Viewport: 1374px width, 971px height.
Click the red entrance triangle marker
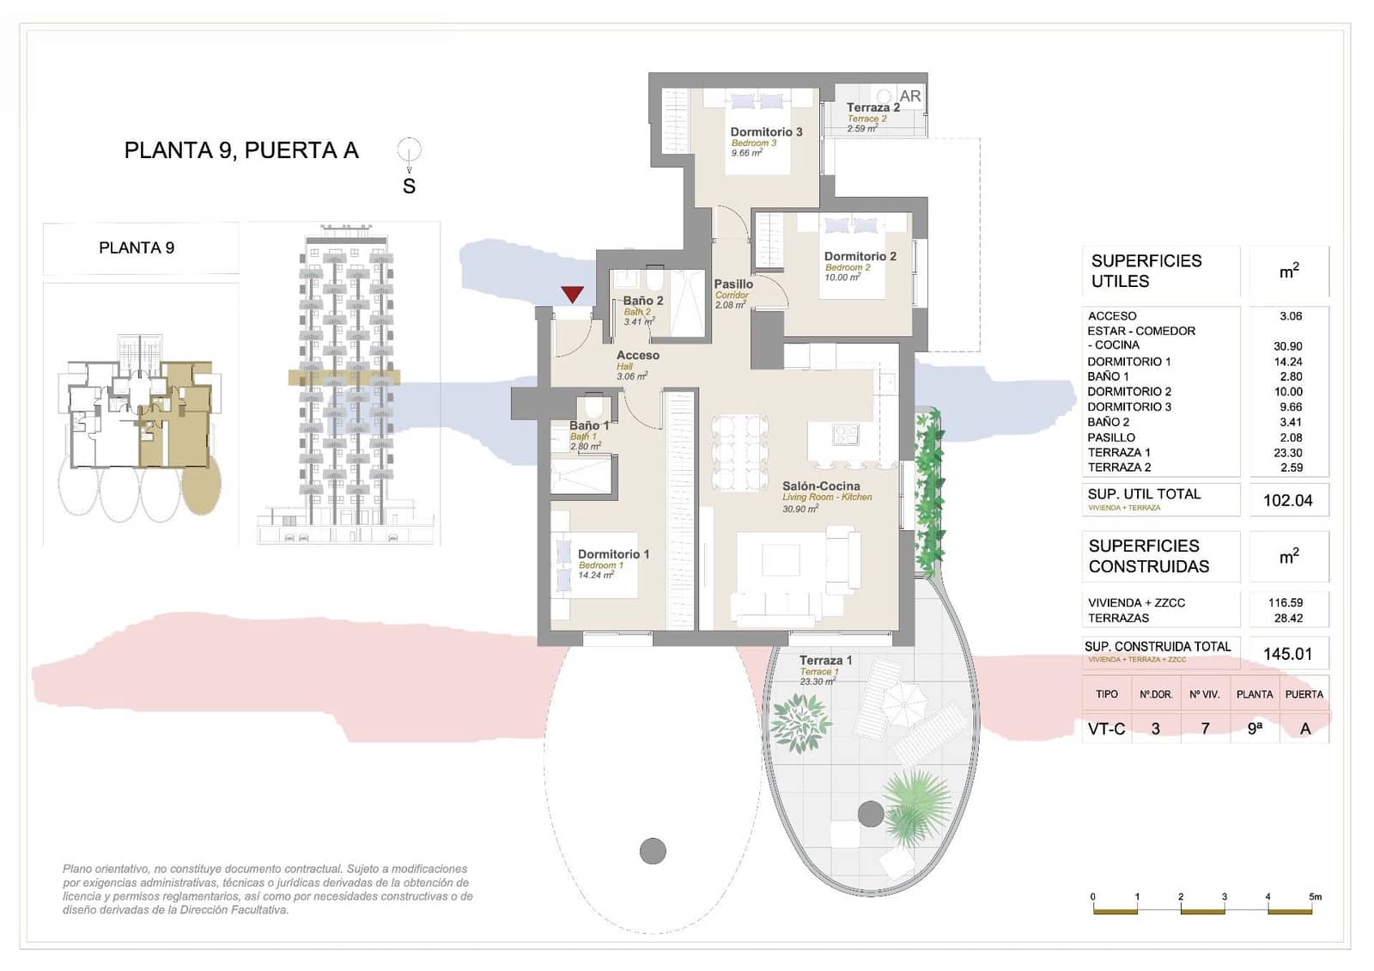pos(573,294)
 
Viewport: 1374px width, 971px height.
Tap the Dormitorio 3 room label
pos(766,132)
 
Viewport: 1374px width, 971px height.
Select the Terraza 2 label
pos(872,108)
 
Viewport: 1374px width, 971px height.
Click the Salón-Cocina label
pos(821,486)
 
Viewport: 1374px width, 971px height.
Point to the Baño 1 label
pos(588,426)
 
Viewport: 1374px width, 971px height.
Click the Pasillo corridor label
pos(733,284)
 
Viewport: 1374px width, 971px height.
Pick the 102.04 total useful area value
pos(1287,501)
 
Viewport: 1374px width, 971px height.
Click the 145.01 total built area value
pos(1287,654)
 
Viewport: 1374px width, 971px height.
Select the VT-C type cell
pos(1106,729)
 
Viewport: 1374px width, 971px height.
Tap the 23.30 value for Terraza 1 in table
pos(1287,453)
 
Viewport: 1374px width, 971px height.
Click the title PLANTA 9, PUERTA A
pos(241,150)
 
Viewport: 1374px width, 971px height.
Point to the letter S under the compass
pos(409,186)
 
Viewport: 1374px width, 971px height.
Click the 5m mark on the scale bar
pos(1315,897)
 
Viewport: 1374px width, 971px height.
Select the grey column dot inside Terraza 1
pos(871,814)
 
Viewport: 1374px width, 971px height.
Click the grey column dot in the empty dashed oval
pos(653,851)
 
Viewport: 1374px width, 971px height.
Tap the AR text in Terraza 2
pos(909,96)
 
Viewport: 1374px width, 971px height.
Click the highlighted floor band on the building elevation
pos(343,377)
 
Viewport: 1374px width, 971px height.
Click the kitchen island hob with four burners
pos(845,435)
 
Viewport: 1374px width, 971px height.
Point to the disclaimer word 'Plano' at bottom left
pos(77,870)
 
